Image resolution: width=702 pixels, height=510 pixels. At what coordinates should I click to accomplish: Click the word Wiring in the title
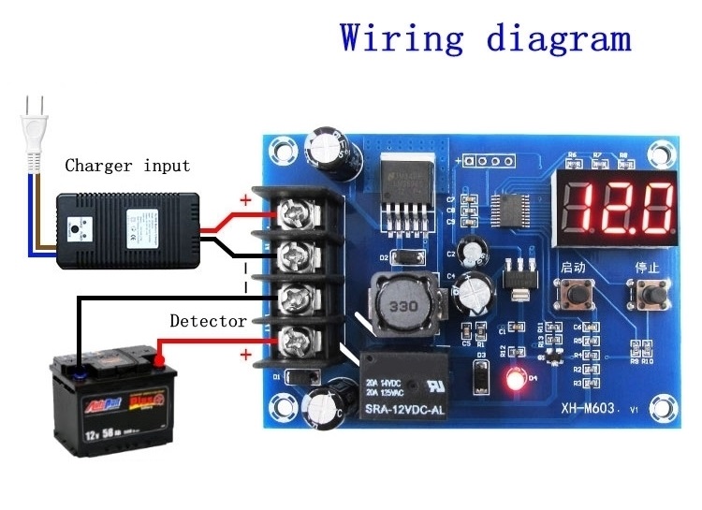pos(402,38)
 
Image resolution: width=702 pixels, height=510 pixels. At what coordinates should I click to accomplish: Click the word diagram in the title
pos(558,38)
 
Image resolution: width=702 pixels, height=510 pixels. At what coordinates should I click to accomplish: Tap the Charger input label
pos(127,166)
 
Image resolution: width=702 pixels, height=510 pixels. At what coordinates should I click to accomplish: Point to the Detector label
pos(208,321)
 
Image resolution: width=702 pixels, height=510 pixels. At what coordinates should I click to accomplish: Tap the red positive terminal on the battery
pos(161,358)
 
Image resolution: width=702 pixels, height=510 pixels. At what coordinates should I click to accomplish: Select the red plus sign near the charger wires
pos(245,200)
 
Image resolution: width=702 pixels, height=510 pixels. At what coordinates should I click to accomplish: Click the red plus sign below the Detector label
pos(246,355)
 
